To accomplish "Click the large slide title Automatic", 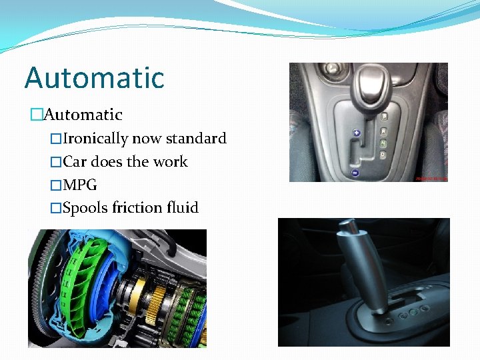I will click(x=94, y=77).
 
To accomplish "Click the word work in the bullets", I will click(x=171, y=162).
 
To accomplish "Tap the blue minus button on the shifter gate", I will click(x=356, y=173).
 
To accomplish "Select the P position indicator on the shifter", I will click(x=384, y=116).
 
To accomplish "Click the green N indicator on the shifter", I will click(x=383, y=143).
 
